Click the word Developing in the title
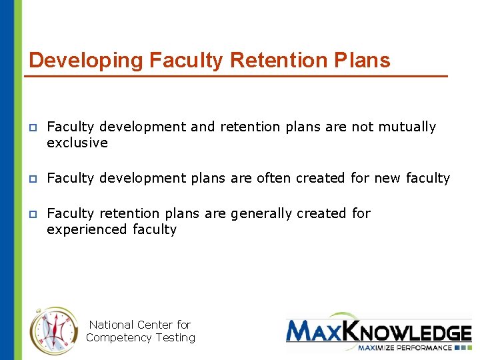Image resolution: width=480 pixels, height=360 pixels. coord(86,61)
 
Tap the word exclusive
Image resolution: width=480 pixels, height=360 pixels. coord(77,143)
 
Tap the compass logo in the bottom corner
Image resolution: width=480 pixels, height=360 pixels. coord(54,331)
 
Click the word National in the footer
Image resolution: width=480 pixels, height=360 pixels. coord(111,325)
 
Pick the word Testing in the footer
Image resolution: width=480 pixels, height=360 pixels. coord(175,337)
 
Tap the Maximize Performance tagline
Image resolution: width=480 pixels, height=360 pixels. coord(406,347)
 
